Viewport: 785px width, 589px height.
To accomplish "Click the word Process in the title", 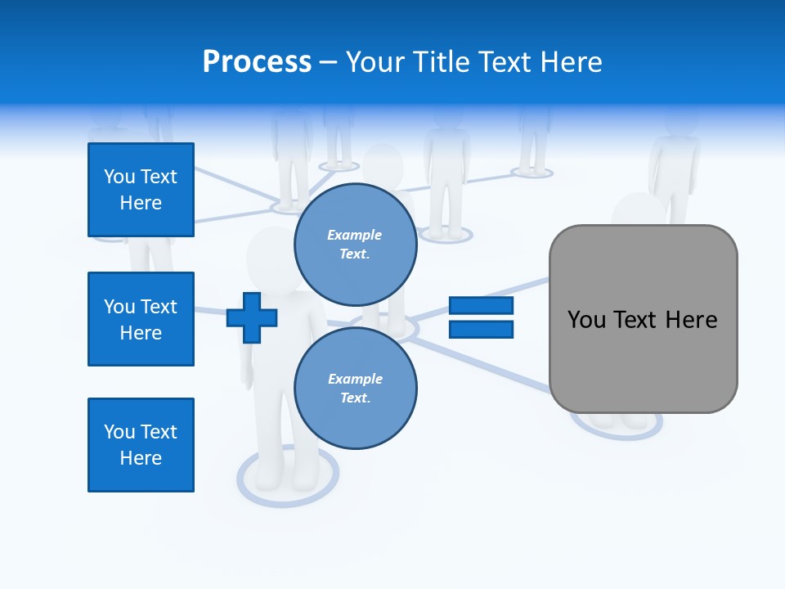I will [257, 62].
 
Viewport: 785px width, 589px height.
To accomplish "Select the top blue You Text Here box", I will [141, 190].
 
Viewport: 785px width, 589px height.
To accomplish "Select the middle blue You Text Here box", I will [141, 319].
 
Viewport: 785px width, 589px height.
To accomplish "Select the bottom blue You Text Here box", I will [141, 445].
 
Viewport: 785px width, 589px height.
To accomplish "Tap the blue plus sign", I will [252, 317].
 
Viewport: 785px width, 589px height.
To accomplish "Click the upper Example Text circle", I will [355, 244].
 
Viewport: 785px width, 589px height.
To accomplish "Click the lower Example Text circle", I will [355, 388].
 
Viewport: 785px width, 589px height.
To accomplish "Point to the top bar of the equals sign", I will [481, 305].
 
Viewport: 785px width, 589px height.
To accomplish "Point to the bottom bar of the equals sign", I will [481, 329].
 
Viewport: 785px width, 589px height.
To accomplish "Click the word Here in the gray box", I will [691, 319].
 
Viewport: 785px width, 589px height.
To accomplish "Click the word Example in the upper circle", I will [354, 235].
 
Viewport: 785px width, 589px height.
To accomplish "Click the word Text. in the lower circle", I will [355, 398].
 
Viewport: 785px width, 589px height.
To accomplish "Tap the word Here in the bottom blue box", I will [141, 458].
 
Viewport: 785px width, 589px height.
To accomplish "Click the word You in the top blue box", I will [119, 177].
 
